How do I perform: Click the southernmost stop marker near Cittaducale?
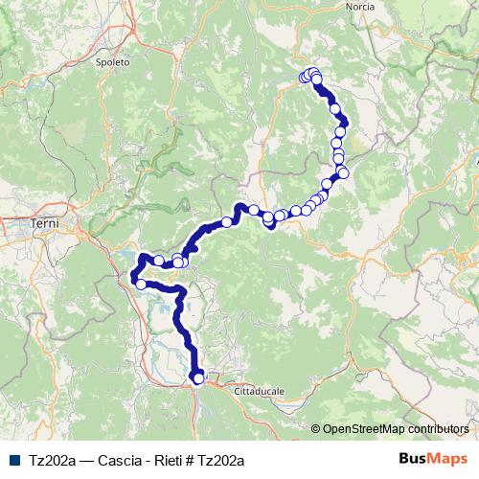(198, 378)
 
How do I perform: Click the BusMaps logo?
(433, 459)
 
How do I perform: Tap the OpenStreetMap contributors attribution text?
(396, 429)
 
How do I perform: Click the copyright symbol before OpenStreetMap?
(315, 429)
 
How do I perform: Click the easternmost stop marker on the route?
(344, 173)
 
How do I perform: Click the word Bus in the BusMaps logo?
(413, 459)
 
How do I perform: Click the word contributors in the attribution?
(438, 429)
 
